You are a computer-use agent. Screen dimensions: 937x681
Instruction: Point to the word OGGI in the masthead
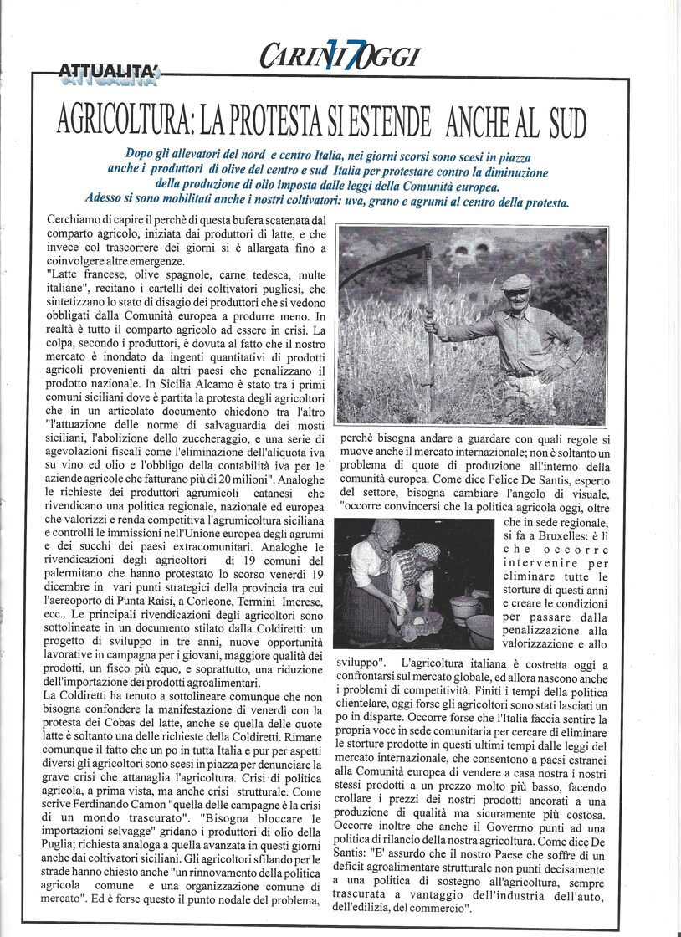coord(384,57)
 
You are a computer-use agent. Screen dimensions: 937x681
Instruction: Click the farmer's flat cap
coord(516,282)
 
